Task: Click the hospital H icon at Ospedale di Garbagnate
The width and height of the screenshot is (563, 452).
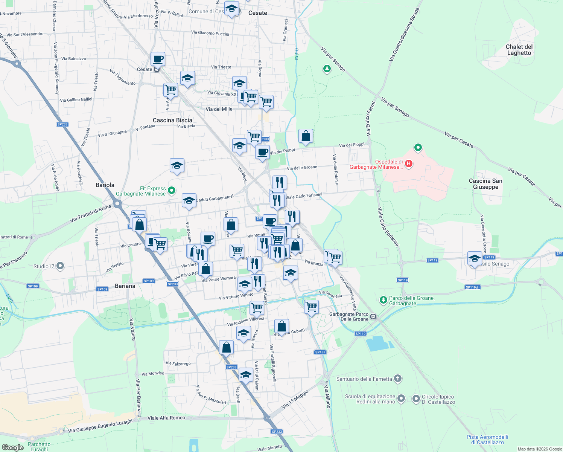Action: (x=409, y=164)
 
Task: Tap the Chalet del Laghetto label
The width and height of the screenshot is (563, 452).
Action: (x=519, y=50)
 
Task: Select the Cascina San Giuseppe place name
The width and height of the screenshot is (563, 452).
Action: (x=485, y=184)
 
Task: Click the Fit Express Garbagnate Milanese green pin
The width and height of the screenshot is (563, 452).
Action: (x=172, y=191)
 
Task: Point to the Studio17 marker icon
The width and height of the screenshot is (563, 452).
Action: (x=60, y=266)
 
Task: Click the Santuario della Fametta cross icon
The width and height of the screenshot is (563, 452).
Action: (x=398, y=379)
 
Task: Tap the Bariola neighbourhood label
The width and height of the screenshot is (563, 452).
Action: (x=105, y=185)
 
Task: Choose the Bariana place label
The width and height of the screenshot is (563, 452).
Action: (x=125, y=286)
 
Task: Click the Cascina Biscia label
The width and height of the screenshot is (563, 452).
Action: (x=172, y=120)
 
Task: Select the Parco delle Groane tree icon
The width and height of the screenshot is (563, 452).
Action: (x=383, y=300)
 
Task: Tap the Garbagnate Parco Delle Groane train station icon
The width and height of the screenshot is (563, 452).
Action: (x=373, y=316)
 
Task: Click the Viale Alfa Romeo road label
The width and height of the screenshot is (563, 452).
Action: (x=166, y=418)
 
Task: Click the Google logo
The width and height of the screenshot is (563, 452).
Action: (x=12, y=447)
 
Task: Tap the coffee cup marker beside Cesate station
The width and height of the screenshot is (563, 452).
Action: (x=158, y=59)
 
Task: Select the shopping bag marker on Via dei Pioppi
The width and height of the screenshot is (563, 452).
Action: (x=306, y=136)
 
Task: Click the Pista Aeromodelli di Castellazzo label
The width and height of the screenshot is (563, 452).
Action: (x=487, y=440)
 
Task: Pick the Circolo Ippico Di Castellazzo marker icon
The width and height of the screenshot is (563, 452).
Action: (x=416, y=398)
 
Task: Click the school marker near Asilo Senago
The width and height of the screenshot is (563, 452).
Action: (x=475, y=258)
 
